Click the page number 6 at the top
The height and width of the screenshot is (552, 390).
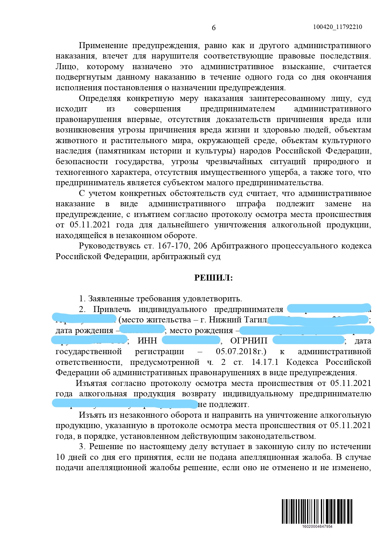[214, 28]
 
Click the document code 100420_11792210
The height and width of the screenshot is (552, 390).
[337, 27]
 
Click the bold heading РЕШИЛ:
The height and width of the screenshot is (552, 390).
[213, 278]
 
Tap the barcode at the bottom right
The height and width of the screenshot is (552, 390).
[317, 511]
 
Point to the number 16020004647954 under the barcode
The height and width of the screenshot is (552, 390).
[317, 527]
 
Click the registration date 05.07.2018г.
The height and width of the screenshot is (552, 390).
[241, 351]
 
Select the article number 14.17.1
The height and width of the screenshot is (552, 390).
[265, 362]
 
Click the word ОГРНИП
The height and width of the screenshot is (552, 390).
[249, 341]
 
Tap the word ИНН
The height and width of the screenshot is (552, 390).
[147, 341]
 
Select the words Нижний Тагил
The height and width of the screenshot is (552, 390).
[238, 320]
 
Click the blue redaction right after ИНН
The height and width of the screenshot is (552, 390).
[191, 340]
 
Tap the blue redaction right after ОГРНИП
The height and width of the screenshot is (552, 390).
[309, 340]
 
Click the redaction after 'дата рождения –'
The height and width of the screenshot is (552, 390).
[142, 330]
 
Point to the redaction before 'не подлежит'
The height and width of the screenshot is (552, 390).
[124, 404]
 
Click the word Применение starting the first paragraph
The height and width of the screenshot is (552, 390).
[103, 46]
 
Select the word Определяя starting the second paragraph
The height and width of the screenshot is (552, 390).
[100, 98]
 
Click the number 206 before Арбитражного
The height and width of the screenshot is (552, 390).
[200, 246]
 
